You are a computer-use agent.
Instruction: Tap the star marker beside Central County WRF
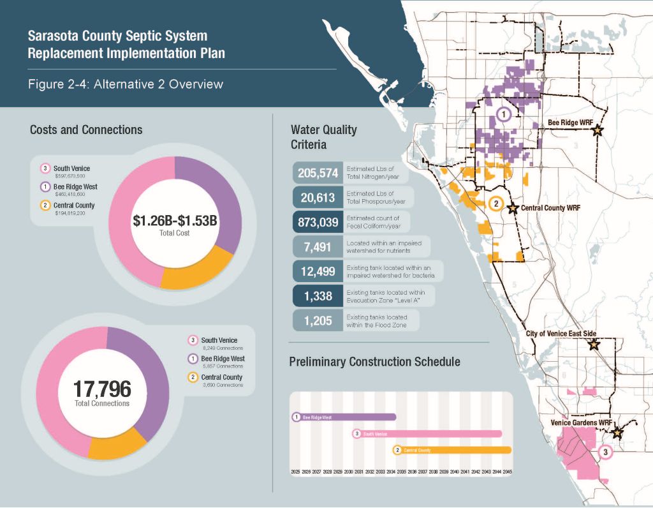click(x=512, y=208)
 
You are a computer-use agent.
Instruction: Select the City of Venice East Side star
click(x=594, y=345)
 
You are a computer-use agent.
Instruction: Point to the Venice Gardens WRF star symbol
click(x=617, y=433)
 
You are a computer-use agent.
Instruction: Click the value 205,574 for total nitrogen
click(x=318, y=174)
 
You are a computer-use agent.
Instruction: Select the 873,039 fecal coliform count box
click(x=318, y=223)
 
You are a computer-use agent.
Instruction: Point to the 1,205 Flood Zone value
click(x=318, y=321)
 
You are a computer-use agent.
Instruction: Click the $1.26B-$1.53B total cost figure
click(x=175, y=222)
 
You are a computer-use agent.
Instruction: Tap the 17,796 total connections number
click(x=101, y=388)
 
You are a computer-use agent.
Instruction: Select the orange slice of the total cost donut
click(x=197, y=267)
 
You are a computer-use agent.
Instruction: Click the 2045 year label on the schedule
click(x=508, y=472)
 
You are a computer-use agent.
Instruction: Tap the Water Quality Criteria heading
click(x=323, y=137)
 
